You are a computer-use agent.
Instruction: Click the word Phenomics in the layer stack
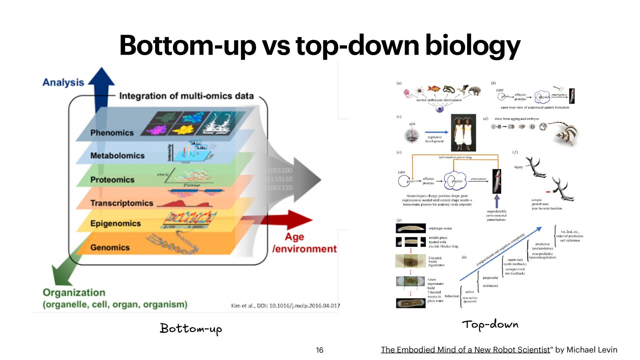pyautogui.click(x=112, y=133)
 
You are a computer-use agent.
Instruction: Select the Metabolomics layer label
pyautogui.click(x=117, y=156)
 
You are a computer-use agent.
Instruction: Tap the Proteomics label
pyautogui.click(x=112, y=180)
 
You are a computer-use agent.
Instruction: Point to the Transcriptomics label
pyautogui.click(x=122, y=203)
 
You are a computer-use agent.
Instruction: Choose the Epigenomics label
pyautogui.click(x=115, y=223)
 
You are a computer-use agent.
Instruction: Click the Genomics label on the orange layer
pyautogui.click(x=110, y=247)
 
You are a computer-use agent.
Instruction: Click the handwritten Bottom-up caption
pyautogui.click(x=191, y=329)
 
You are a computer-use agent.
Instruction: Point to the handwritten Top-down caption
pyautogui.click(x=490, y=324)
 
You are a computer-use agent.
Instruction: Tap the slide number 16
pyautogui.click(x=319, y=350)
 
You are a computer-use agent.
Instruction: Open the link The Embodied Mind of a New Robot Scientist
pyautogui.click(x=465, y=350)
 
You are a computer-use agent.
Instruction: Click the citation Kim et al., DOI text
pyautogui.click(x=285, y=305)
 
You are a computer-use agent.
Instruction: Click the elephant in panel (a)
pyautogui.click(x=474, y=90)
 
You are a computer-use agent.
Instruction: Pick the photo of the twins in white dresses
pyautogui.click(x=463, y=133)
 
